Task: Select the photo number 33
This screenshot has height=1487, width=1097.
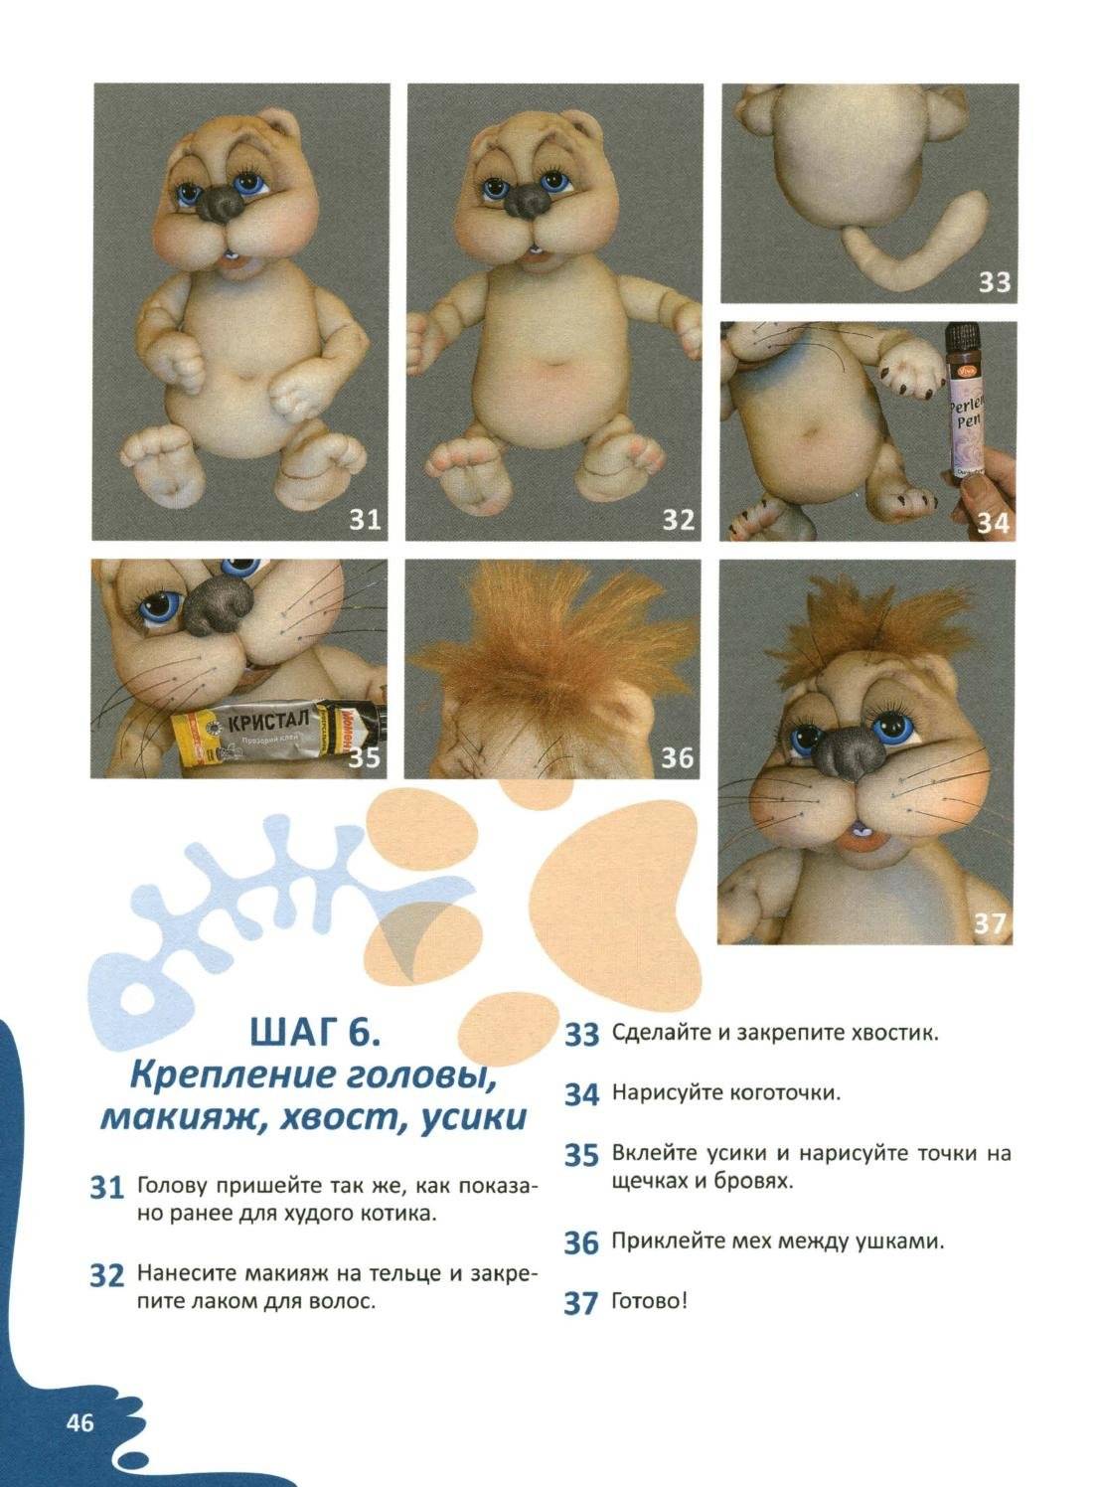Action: point(994,282)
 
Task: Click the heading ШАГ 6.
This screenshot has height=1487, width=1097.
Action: point(315,1033)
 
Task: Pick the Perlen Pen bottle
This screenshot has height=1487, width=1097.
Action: point(962,402)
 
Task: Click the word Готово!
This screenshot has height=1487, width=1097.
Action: point(648,1301)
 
